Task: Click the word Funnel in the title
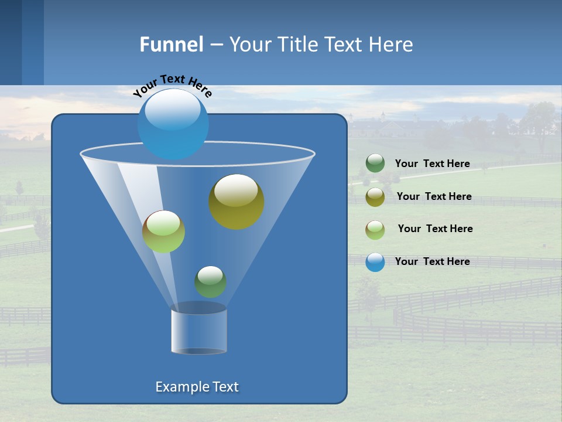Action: click(172, 45)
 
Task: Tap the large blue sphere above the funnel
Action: click(173, 124)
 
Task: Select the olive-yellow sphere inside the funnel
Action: click(236, 201)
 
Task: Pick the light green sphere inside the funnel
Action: click(163, 232)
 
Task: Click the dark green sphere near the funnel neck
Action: click(210, 281)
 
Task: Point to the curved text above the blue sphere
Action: click(173, 85)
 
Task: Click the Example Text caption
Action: click(197, 387)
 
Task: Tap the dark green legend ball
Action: click(375, 164)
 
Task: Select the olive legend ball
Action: click(375, 197)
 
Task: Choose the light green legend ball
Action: click(375, 230)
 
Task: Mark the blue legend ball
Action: click(375, 262)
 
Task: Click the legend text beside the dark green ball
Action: click(432, 164)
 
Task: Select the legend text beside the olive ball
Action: click(434, 197)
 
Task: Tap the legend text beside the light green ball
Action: click(435, 229)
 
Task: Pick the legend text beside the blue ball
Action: click(432, 262)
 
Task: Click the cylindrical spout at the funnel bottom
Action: click(198, 331)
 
